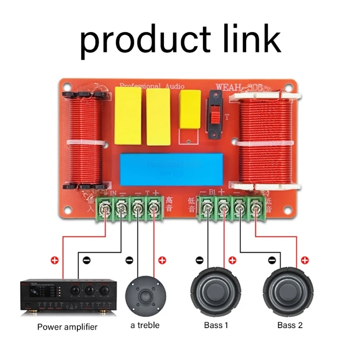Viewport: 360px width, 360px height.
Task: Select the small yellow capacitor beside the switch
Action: (190, 110)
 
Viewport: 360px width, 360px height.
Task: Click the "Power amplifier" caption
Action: (67, 327)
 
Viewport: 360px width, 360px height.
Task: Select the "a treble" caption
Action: (145, 325)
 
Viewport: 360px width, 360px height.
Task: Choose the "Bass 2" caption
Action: (290, 325)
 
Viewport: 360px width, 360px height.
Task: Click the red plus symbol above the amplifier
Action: (55, 260)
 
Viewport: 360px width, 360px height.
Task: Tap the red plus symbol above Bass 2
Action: (305, 260)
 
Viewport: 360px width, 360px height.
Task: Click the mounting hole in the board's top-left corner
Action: (67, 85)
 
